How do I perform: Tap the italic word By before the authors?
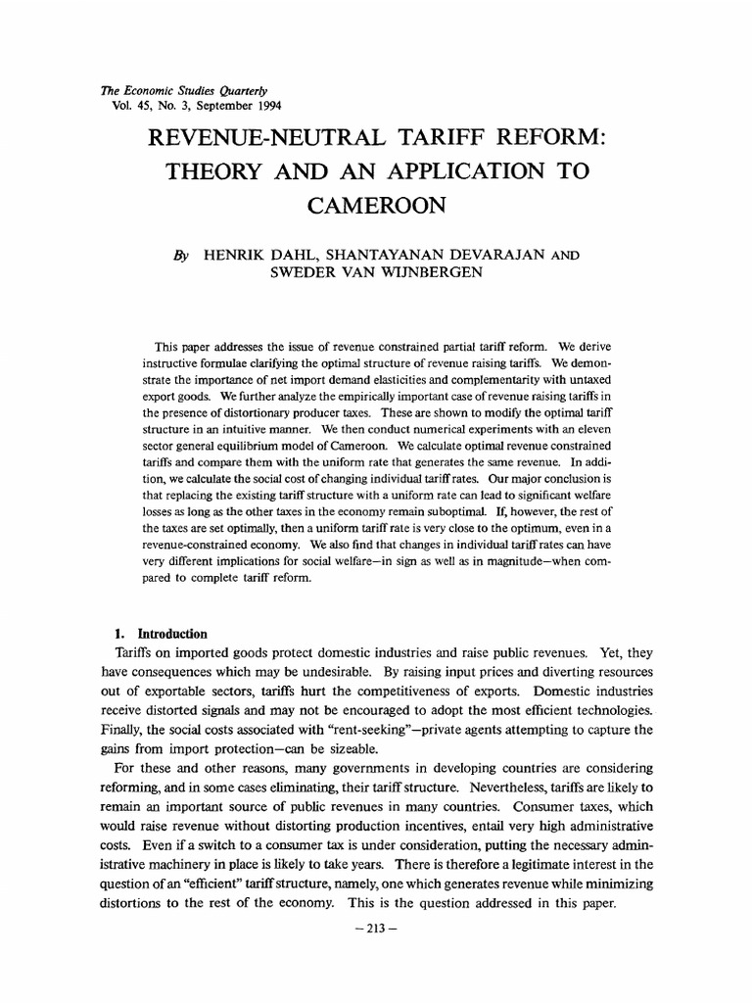point(182,254)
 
